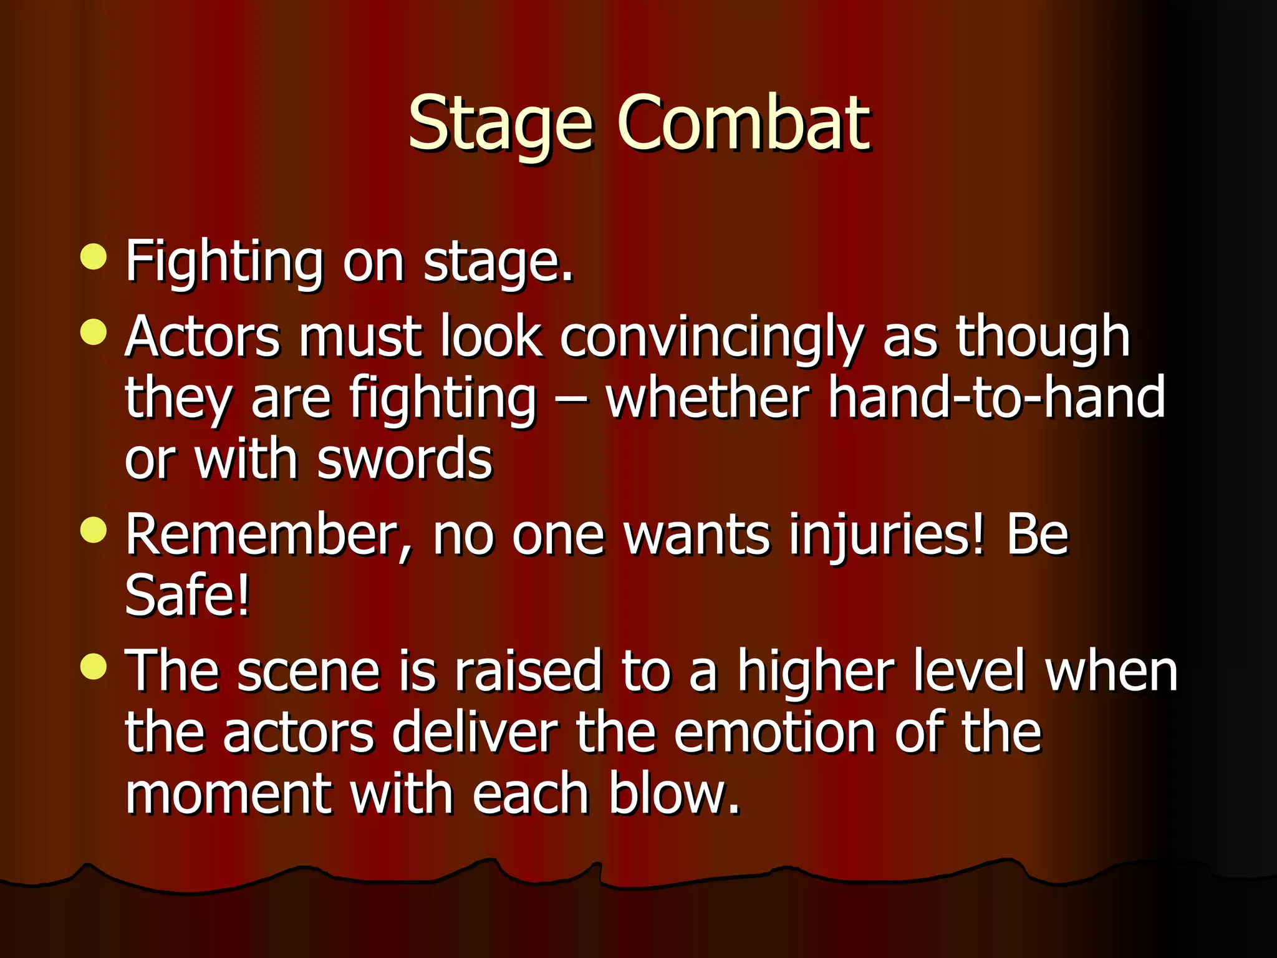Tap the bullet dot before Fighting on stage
tap(94, 256)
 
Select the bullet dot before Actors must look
tap(94, 331)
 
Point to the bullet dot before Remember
tap(94, 530)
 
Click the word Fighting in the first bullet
tap(224, 262)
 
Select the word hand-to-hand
tap(996, 397)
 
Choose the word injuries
tap(885, 535)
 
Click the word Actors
tap(203, 337)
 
